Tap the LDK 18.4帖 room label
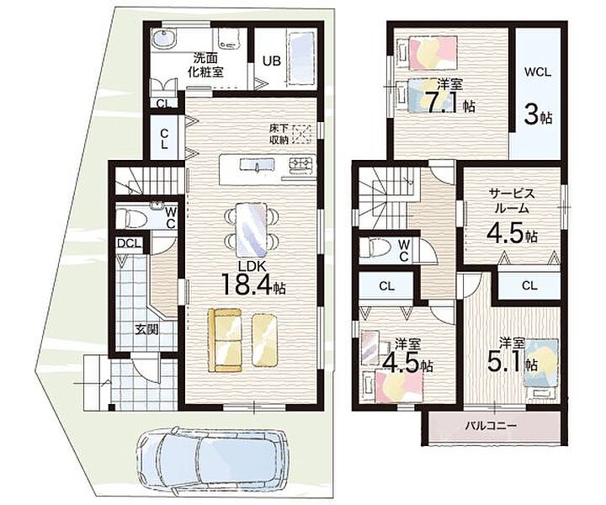pos(253,279)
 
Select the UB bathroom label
pos(272,61)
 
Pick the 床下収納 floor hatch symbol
pos(302,135)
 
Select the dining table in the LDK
pos(252,229)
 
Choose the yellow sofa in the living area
pos(225,340)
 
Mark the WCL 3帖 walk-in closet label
pos(538,97)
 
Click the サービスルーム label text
pos(512,200)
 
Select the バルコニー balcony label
pos(491,426)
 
